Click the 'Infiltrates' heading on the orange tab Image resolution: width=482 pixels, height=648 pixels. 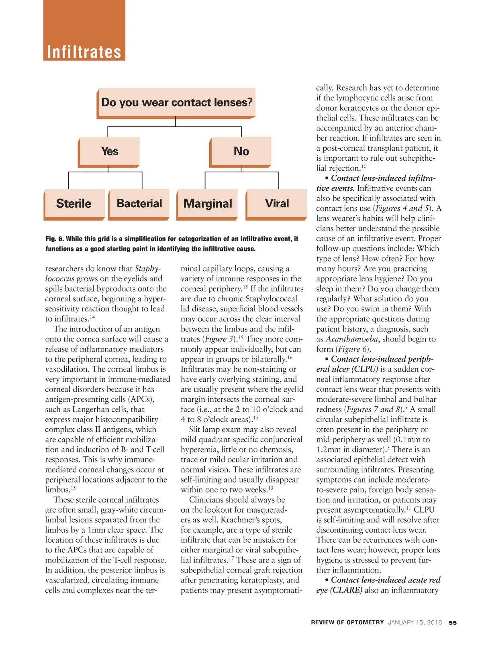point(84,52)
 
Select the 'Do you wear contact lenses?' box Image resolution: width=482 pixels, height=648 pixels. point(177,102)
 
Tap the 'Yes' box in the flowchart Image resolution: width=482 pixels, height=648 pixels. point(109,151)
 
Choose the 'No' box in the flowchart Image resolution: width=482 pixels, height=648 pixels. point(241,151)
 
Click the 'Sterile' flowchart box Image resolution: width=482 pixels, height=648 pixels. point(74,204)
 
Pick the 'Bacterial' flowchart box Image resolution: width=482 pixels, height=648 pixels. point(139,204)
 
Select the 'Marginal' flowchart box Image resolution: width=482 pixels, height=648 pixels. point(208,204)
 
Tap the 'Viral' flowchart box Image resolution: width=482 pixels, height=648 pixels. point(277,204)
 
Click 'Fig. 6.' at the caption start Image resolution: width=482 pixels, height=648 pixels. point(55,239)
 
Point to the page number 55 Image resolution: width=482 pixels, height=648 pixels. point(453,623)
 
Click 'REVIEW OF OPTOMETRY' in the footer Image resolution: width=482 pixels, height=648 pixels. point(347,623)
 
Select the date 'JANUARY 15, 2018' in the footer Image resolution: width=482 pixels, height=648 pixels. point(415,623)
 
